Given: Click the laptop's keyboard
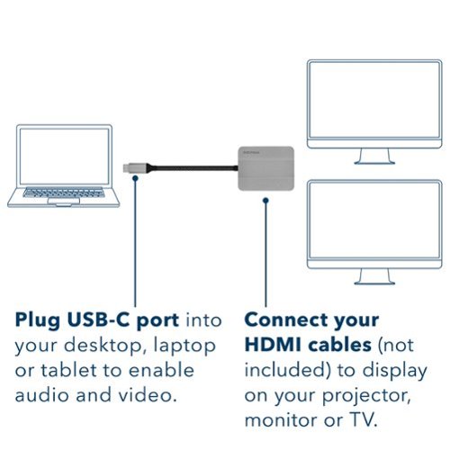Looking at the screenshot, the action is [64, 193].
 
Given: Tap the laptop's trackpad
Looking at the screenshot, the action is [64, 201].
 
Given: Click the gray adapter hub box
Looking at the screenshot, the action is [266, 168].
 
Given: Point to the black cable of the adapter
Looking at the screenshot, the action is [193, 168].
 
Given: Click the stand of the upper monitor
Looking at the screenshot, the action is [374, 157].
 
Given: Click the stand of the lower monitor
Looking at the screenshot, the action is [374, 276].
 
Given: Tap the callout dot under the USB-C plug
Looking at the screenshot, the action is [135, 178].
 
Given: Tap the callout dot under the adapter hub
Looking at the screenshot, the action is [265, 200].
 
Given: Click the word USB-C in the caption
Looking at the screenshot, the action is [98, 319].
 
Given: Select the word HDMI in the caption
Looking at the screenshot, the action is [273, 345].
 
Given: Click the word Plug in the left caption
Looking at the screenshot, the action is [38, 321].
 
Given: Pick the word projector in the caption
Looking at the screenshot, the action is [366, 397].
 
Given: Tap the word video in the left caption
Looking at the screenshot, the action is [148, 394].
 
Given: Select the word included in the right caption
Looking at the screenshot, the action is [288, 370].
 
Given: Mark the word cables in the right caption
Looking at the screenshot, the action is [340, 345].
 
